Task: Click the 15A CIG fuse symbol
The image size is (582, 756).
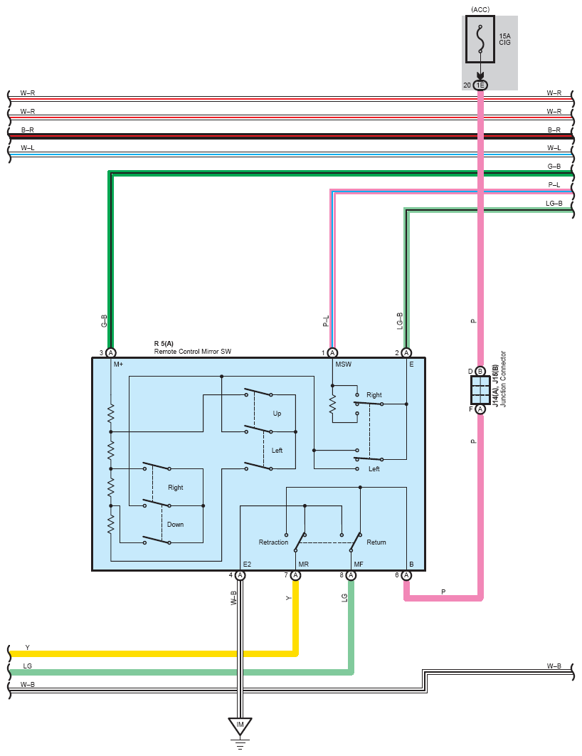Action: click(x=480, y=40)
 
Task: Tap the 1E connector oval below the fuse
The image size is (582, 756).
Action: click(x=480, y=85)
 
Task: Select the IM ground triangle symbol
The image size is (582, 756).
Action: click(x=240, y=726)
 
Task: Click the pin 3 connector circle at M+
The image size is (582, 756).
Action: click(x=111, y=353)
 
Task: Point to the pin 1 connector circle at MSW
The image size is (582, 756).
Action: click(x=332, y=353)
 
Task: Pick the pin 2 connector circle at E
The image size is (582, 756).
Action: click(x=407, y=353)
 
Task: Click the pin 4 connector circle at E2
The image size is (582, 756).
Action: click(x=240, y=575)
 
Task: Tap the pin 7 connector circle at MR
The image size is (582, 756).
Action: click(x=296, y=575)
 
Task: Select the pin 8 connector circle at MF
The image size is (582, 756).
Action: click(x=351, y=575)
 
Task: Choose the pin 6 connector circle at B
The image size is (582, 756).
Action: click(x=407, y=575)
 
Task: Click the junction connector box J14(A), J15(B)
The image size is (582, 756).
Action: click(x=480, y=390)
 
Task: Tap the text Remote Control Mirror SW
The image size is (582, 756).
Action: click(x=193, y=352)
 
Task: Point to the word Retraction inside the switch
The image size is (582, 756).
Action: click(x=273, y=542)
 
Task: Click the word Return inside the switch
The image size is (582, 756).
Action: click(x=376, y=542)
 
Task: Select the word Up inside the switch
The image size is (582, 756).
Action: click(x=277, y=414)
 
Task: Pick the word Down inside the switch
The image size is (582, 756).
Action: click(x=175, y=525)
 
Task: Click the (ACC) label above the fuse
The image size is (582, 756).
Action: click(x=480, y=10)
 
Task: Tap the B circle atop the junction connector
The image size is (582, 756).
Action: click(x=480, y=372)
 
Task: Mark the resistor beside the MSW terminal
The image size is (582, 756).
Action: click(x=332, y=404)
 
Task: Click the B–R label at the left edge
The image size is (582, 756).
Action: click(x=28, y=130)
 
